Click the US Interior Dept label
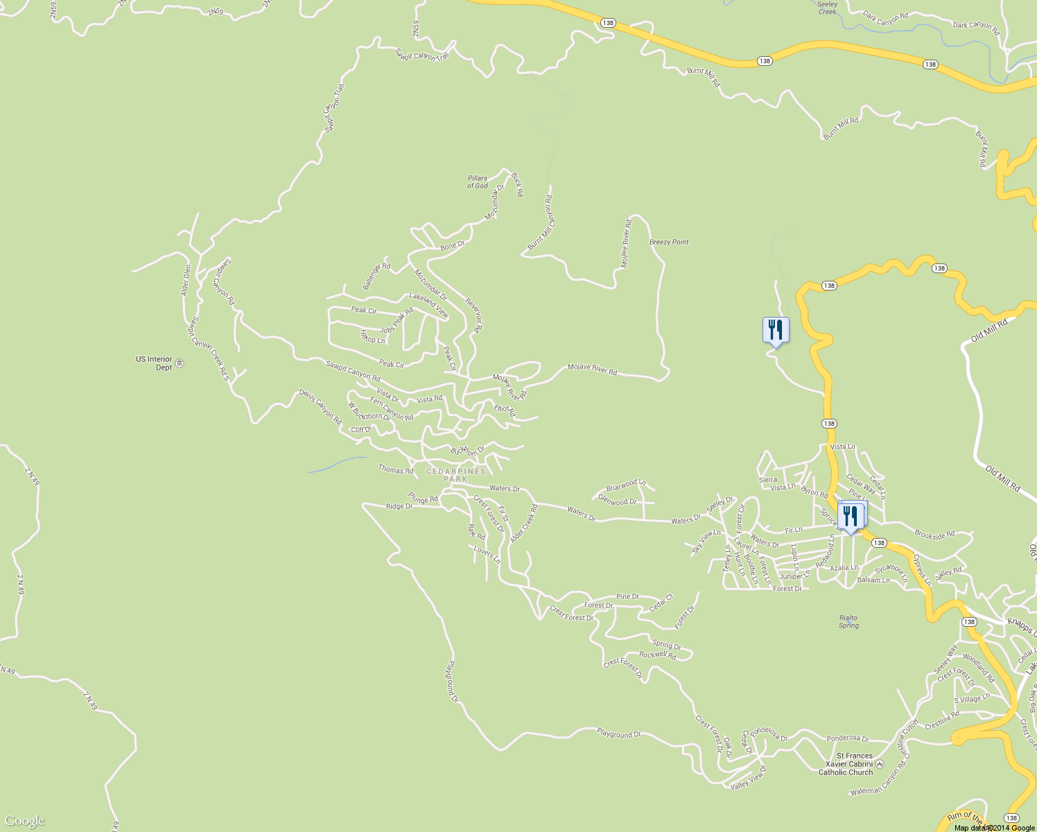tap(154, 363)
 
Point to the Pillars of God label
tap(477, 182)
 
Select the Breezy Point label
tap(669, 242)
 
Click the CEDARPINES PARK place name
tap(455, 475)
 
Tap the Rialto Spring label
tap(848, 621)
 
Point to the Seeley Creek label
tap(828, 8)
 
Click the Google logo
tap(24, 821)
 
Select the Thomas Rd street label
tap(395, 470)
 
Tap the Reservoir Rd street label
tap(473, 315)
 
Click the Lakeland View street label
tap(429, 305)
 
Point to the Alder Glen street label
tap(186, 280)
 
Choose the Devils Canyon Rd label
tap(320, 407)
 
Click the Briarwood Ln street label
tap(626, 484)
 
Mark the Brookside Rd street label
tap(934, 534)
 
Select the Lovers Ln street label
tap(487, 555)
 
